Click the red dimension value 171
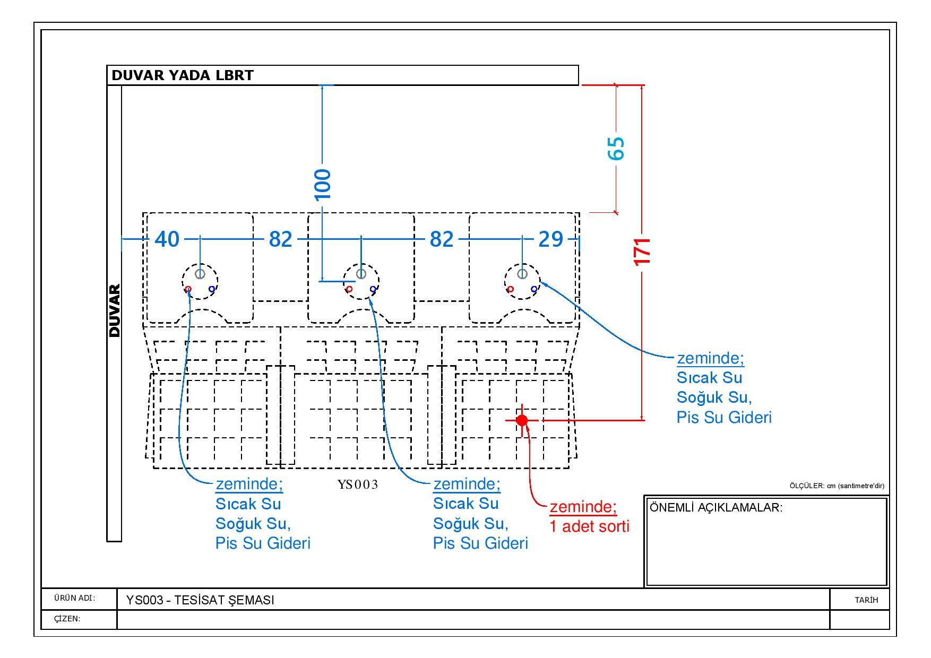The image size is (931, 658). click(x=642, y=252)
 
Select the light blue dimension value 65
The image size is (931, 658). click(x=616, y=149)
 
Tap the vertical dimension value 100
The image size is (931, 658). click(x=322, y=185)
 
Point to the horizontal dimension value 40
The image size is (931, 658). click(x=167, y=239)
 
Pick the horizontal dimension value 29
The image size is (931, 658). click(x=550, y=239)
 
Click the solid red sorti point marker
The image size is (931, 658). click(x=522, y=420)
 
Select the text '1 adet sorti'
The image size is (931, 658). click(x=589, y=526)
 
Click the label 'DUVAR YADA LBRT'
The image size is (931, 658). click(x=183, y=75)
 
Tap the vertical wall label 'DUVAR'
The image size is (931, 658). click(x=115, y=311)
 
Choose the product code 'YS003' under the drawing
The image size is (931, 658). click(x=358, y=484)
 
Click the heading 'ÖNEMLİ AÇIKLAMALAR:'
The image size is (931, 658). click(x=716, y=507)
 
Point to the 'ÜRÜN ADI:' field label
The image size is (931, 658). click(x=74, y=598)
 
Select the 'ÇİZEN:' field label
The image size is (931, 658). click(x=67, y=619)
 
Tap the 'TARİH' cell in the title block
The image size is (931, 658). click(x=866, y=600)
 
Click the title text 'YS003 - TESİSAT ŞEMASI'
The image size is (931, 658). click(x=200, y=600)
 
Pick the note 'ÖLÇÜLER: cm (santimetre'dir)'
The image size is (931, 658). click(x=837, y=486)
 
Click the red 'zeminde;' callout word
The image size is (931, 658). click(x=583, y=507)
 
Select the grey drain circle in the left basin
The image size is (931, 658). click(x=200, y=274)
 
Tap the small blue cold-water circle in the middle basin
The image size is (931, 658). click(x=373, y=289)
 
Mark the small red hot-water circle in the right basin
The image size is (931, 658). click(x=510, y=289)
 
